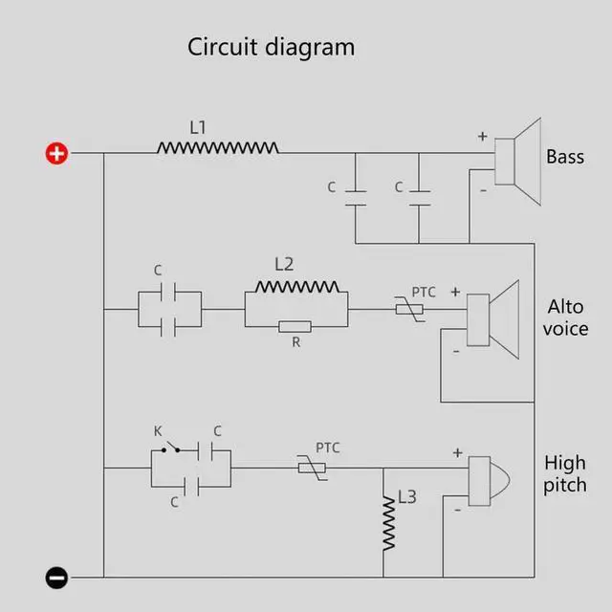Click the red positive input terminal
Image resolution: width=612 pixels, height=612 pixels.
(56, 153)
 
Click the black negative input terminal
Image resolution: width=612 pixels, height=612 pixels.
(56, 578)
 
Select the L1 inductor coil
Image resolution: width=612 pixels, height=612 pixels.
(217, 147)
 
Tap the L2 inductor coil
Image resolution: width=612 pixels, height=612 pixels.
(297, 287)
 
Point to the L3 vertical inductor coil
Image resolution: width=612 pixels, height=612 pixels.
(389, 523)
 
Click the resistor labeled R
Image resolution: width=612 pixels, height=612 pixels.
(295, 326)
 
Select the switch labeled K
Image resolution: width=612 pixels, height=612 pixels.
(170, 448)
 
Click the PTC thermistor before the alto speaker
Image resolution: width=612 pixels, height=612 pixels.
(409, 309)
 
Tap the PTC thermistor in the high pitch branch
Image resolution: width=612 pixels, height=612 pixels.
(312, 468)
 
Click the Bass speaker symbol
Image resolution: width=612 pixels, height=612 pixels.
(517, 162)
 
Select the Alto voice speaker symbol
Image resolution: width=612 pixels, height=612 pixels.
(493, 319)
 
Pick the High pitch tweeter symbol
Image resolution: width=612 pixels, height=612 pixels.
(489, 481)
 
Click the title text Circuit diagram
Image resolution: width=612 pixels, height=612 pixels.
(271, 47)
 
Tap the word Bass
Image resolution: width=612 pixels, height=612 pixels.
(565, 157)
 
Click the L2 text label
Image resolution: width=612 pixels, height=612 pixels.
(284, 264)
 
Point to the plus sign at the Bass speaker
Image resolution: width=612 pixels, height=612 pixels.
(483, 136)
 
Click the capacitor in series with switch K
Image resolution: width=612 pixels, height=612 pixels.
(205, 450)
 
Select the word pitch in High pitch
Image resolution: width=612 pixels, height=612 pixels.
(565, 486)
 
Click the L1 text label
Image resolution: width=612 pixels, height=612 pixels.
(198, 127)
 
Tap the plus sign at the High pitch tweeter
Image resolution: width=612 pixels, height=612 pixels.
(458, 452)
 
